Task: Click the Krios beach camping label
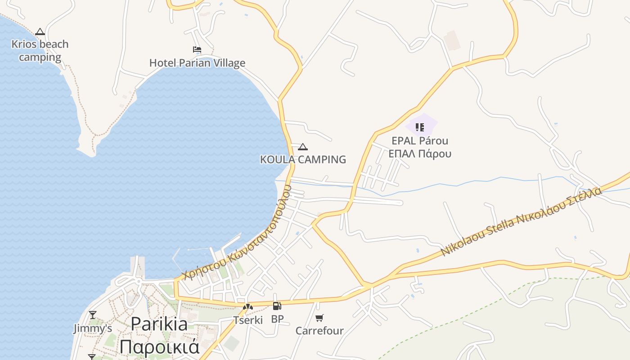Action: click(x=40, y=50)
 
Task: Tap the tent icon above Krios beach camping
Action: click(x=40, y=31)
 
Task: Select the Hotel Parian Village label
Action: click(x=197, y=63)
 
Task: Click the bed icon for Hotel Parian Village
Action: click(x=197, y=49)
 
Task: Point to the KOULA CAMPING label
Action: click(x=303, y=159)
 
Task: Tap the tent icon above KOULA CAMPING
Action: click(x=303, y=147)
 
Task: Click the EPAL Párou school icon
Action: click(x=420, y=127)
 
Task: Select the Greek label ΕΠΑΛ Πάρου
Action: click(x=420, y=153)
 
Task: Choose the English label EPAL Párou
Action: click(x=420, y=140)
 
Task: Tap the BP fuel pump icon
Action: click(x=277, y=306)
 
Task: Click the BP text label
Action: click(x=277, y=319)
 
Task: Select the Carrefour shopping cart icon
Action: click(x=319, y=318)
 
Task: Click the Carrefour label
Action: click(x=319, y=331)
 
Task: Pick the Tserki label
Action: click(x=248, y=320)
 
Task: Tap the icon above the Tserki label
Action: click(x=248, y=307)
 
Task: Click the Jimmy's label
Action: click(x=93, y=328)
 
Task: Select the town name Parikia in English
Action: click(x=159, y=324)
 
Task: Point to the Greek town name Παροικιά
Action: click(x=159, y=347)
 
